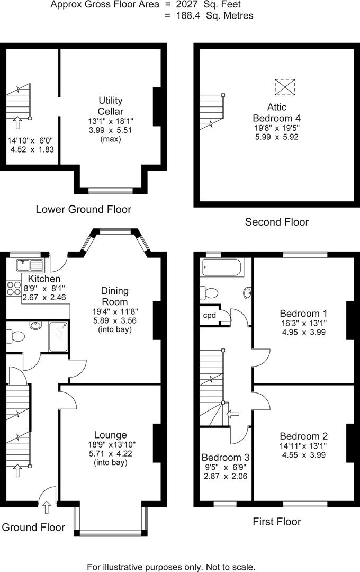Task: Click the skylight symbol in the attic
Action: click(x=285, y=87)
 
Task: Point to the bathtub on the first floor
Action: click(x=222, y=267)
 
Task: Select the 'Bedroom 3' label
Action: click(x=226, y=457)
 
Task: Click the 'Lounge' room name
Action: click(x=111, y=435)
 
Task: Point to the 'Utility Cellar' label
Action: click(x=110, y=106)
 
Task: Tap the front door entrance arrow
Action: click(x=47, y=507)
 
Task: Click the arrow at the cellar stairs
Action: click(x=17, y=123)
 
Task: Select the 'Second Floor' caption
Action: click(x=276, y=222)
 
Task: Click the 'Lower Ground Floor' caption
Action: click(x=83, y=209)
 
